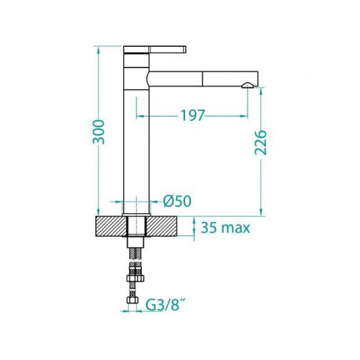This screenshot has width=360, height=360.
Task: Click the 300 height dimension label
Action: click(x=99, y=132)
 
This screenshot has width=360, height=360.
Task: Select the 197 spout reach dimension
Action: click(x=192, y=115)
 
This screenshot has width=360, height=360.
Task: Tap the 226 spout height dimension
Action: click(x=261, y=143)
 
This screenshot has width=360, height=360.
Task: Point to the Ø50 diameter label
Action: click(x=177, y=201)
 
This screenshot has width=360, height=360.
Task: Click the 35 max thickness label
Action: click(x=225, y=228)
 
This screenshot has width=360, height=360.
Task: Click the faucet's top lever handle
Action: click(x=155, y=49)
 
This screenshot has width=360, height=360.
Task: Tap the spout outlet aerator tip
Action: click(x=248, y=85)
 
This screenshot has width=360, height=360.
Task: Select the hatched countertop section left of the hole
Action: click(x=111, y=226)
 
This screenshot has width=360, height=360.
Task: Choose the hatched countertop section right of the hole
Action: click(x=162, y=226)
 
